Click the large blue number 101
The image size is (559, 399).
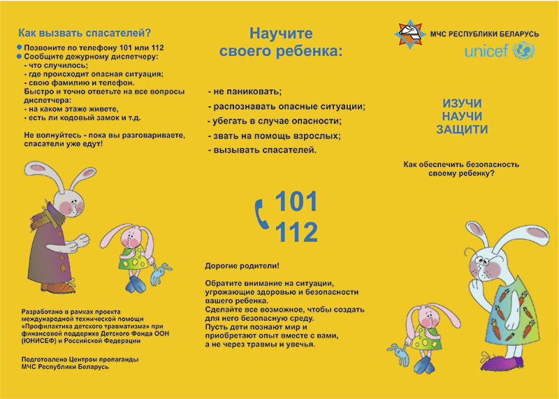click(296, 201)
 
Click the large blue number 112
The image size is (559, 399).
click(296, 231)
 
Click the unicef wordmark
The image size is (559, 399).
click(486, 52)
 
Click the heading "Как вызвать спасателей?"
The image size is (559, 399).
click(85, 32)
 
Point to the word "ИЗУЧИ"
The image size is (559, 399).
click(462, 103)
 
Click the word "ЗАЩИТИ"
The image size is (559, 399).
click(462, 129)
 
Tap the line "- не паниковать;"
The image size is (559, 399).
click(245, 92)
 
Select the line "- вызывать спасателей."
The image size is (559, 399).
click(263, 150)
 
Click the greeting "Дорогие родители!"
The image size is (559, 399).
click(242, 266)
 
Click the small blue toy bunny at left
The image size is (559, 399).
click(162, 273)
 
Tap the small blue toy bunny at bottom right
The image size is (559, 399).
click(399, 354)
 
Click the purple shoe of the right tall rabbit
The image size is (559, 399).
click(502, 363)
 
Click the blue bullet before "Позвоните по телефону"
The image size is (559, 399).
click(19, 47)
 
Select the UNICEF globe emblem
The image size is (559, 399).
click(523, 51)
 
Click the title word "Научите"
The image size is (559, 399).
click(281, 34)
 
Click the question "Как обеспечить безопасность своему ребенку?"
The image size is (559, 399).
click(461, 168)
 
